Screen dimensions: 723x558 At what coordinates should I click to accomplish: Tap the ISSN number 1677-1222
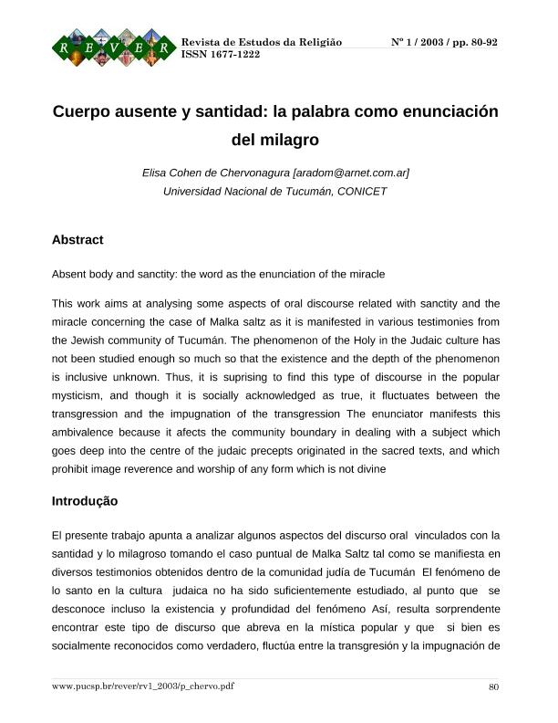coord(234,55)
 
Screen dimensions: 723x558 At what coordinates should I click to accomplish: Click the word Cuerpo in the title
coord(83,113)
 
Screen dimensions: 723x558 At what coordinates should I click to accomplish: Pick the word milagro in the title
coord(288,141)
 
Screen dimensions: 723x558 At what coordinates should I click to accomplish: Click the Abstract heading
coord(77,240)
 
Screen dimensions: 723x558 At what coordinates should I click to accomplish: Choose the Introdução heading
coord(85,501)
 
